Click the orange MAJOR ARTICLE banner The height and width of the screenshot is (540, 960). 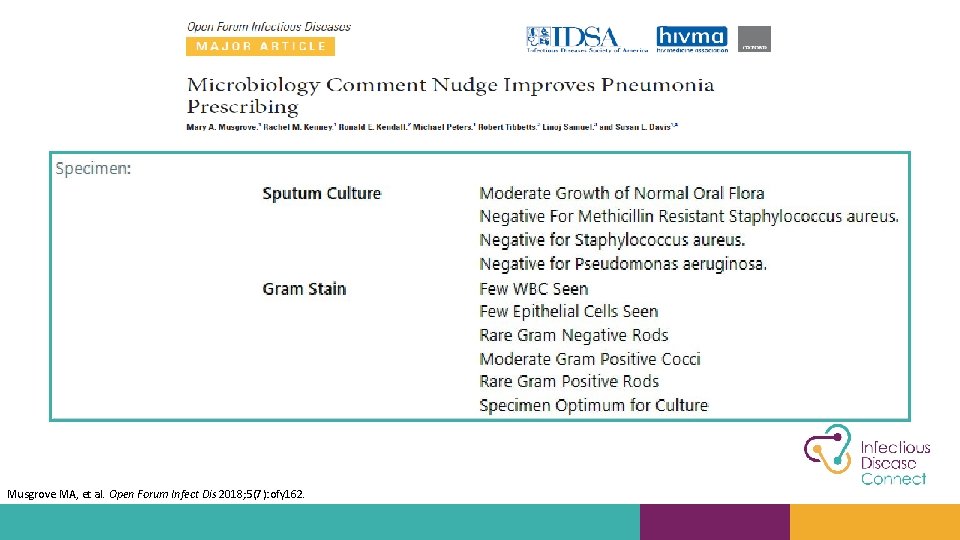click(260, 46)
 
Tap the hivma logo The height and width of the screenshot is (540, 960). click(692, 39)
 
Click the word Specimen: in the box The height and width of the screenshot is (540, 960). click(93, 168)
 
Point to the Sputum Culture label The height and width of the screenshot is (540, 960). click(321, 193)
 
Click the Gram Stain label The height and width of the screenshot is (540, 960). click(304, 289)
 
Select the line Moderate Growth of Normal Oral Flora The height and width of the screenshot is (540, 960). click(621, 193)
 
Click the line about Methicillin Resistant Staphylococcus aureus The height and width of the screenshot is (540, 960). click(688, 216)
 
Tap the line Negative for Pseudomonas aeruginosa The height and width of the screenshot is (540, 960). click(622, 264)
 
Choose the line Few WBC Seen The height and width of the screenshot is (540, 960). click(533, 289)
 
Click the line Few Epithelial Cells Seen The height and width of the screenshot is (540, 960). click(568, 312)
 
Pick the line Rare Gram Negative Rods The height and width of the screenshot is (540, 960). click(573, 335)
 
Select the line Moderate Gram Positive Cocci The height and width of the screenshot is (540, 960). click(589, 359)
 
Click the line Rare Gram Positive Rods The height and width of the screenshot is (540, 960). click(569, 381)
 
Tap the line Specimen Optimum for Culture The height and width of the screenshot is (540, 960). click(593, 405)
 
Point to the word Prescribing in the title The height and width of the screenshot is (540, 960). click(243, 107)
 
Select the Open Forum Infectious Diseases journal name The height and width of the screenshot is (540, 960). click(268, 27)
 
